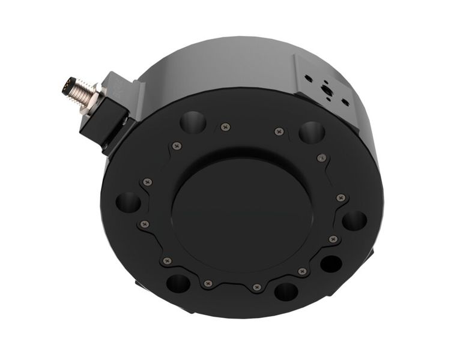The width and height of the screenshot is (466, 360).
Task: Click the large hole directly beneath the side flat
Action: [x=312, y=132]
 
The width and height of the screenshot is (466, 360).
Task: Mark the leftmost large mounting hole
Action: [x=128, y=202]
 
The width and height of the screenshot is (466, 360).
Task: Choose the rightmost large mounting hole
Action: [x=354, y=220]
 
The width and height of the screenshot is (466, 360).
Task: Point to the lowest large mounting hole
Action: [x=286, y=292]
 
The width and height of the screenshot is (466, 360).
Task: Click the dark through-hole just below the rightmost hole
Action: [x=331, y=263]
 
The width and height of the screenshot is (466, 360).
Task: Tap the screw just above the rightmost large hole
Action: [x=340, y=197]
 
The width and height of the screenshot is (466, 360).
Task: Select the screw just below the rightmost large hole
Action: [x=333, y=239]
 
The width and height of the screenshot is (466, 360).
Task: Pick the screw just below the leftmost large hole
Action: [x=144, y=224]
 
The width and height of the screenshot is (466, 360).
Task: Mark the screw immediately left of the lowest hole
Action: [x=256, y=287]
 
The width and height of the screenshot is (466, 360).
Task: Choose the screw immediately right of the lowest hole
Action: [x=302, y=272]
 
